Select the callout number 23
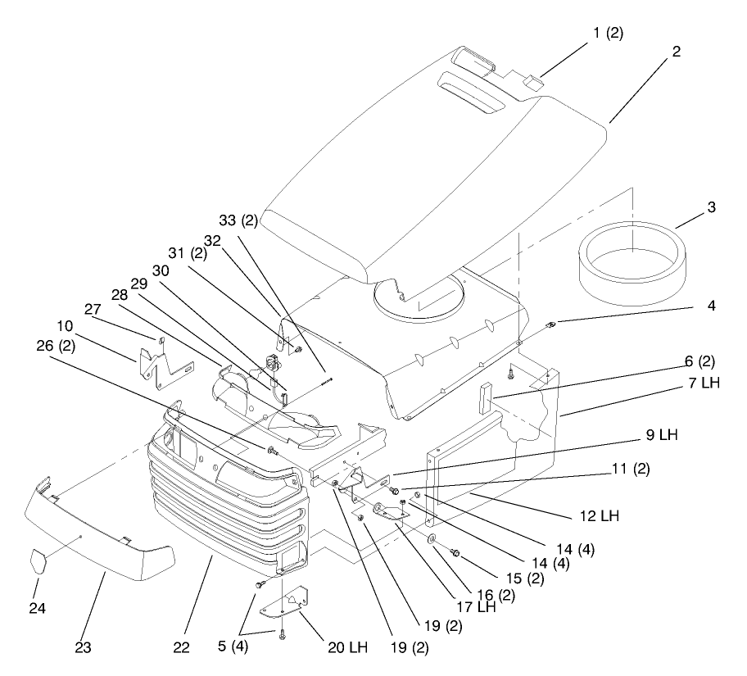coord(83,648)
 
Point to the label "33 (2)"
coord(238,220)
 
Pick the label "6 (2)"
coord(700,361)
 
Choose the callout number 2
coord(676,51)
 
